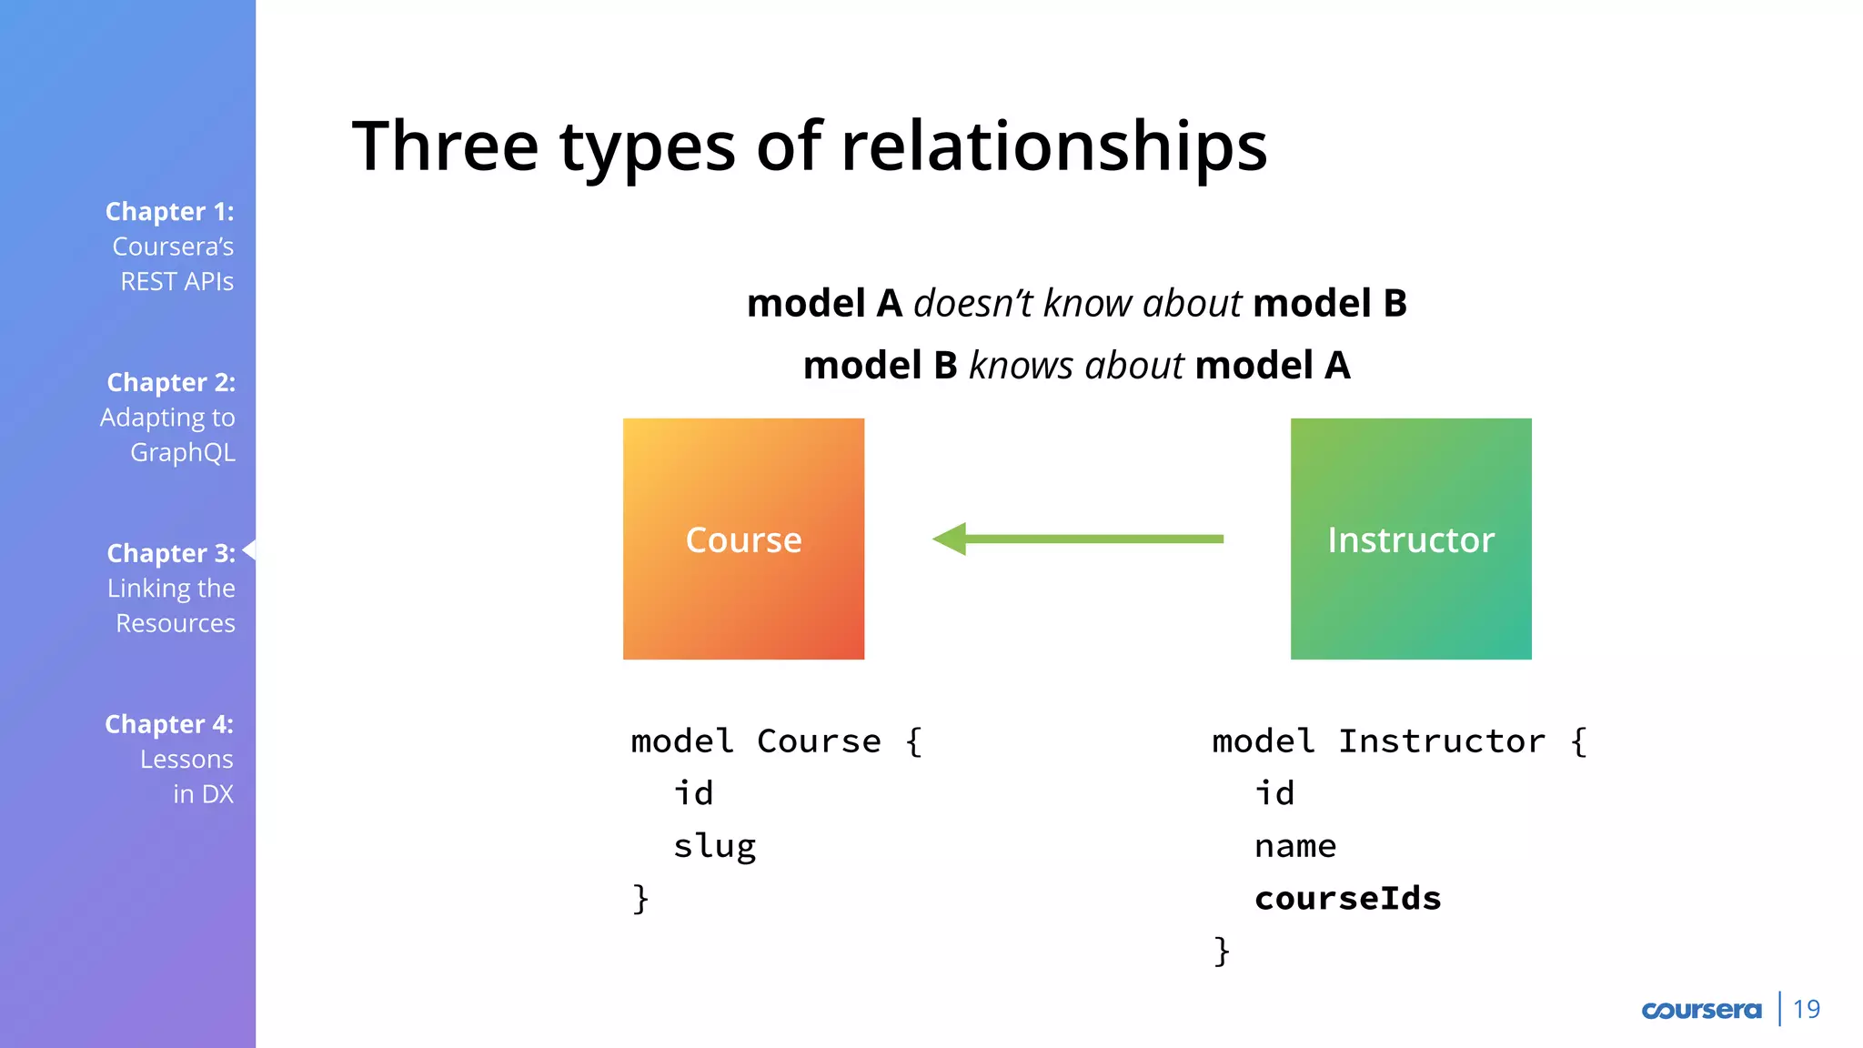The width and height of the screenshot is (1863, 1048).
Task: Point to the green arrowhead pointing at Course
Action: pyautogui.click(x=951, y=539)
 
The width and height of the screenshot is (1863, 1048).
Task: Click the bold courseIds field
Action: pyautogui.click(x=1347, y=899)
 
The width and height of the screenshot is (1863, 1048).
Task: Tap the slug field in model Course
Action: pyautogui.click(x=714, y=847)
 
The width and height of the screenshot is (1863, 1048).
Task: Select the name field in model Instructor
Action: pyautogui.click(x=1295, y=847)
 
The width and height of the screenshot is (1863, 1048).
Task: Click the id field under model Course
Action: pyautogui.click(x=693, y=793)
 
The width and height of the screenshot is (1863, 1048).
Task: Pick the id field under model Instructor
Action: pyautogui.click(x=1274, y=793)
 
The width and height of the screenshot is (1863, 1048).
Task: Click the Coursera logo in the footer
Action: pyautogui.click(x=1701, y=1010)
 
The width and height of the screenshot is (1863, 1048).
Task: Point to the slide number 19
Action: pyautogui.click(x=1806, y=1010)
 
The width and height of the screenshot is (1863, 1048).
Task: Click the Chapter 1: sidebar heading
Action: pyautogui.click(x=169, y=211)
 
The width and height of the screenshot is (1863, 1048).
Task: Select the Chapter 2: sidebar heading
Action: pyautogui.click(x=171, y=382)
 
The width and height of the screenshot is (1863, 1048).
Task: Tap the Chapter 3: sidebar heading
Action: pyautogui.click(x=171, y=553)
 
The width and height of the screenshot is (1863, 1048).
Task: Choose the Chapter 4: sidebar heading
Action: pyautogui.click(x=169, y=724)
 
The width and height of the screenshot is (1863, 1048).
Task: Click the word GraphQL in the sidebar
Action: pyautogui.click(x=182, y=452)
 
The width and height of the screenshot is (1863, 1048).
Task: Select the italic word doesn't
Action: pyautogui.click(x=972, y=303)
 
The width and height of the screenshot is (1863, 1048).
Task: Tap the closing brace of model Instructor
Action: pyautogui.click(x=1222, y=952)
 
